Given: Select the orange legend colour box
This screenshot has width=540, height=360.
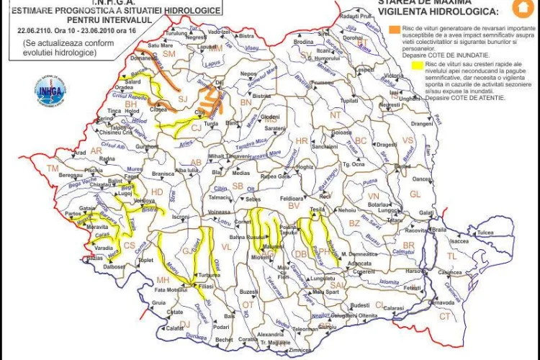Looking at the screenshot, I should tap(393, 29).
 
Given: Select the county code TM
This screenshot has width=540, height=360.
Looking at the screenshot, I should tap(52, 168).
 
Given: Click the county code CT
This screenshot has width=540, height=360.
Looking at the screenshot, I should tap(444, 316).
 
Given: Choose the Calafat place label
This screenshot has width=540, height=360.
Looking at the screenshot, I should tap(176, 328).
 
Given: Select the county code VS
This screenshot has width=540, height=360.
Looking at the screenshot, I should tap(408, 140).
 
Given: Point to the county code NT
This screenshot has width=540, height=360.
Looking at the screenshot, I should tap(336, 115).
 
